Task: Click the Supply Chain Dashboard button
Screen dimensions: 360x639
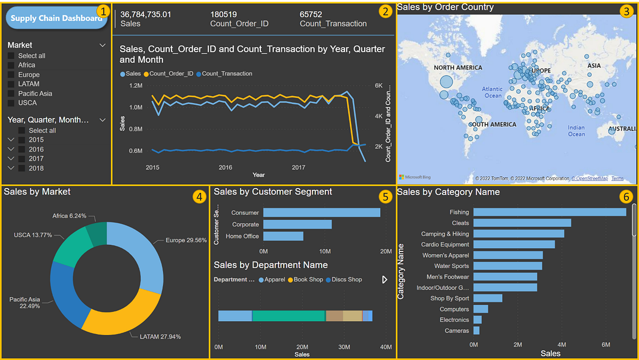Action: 56,18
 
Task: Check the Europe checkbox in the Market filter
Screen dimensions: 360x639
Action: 11,75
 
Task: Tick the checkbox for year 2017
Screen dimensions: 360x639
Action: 22,159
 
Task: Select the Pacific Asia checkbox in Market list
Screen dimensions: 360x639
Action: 11,94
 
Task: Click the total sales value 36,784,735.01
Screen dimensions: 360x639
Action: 146,14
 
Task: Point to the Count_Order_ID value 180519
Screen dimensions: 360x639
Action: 224,14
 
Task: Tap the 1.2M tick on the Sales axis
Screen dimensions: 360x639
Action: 135,85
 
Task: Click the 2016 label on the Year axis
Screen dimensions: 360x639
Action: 225,167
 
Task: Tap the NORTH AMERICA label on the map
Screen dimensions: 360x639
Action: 458,68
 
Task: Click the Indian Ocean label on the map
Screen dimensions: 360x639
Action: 576,131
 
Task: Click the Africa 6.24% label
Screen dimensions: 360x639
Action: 68,216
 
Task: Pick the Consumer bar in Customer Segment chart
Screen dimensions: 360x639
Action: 322,212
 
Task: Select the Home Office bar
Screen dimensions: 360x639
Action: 283,236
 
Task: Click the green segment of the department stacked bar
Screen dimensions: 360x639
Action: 289,316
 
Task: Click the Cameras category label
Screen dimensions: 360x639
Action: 457,331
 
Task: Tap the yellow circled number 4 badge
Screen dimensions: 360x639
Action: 199,197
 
